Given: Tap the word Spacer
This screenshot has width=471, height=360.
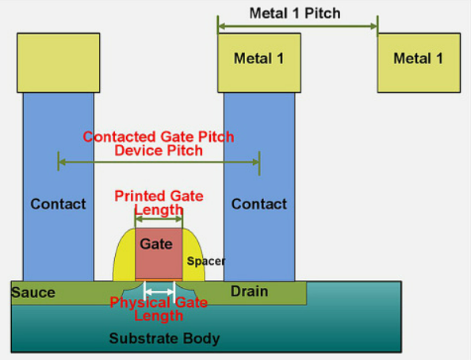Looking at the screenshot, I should tap(206, 261).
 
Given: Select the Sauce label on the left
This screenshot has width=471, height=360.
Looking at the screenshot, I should tap(33, 293).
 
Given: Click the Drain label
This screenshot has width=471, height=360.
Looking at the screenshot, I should tap(249, 292).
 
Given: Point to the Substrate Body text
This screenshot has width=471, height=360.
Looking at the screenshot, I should tap(164, 339).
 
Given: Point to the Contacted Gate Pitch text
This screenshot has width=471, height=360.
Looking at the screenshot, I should tap(159, 136).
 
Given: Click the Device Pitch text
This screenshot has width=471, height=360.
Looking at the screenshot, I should tap(159, 150).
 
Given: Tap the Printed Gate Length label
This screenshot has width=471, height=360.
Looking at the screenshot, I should tap(159, 202).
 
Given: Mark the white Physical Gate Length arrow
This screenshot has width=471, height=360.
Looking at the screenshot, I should tap(159, 293).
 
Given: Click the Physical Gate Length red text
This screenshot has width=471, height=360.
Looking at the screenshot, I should tap(159, 309).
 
